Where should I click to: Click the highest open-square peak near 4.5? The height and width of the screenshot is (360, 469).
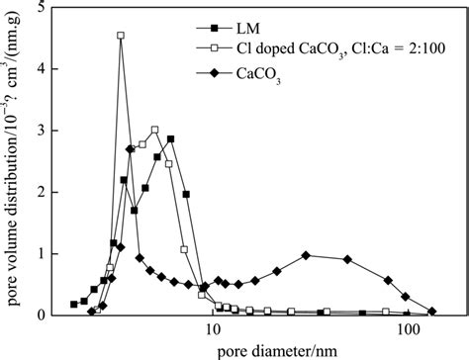tap(121, 36)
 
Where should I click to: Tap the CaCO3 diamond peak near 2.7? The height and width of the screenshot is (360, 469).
tap(131, 149)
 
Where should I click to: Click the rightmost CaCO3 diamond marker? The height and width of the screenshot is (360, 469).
tap(432, 311)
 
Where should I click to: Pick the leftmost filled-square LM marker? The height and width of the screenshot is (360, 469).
tap(73, 305)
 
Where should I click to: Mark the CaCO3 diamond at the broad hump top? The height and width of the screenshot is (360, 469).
tap(306, 255)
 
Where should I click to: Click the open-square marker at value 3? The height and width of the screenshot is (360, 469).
tap(154, 130)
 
